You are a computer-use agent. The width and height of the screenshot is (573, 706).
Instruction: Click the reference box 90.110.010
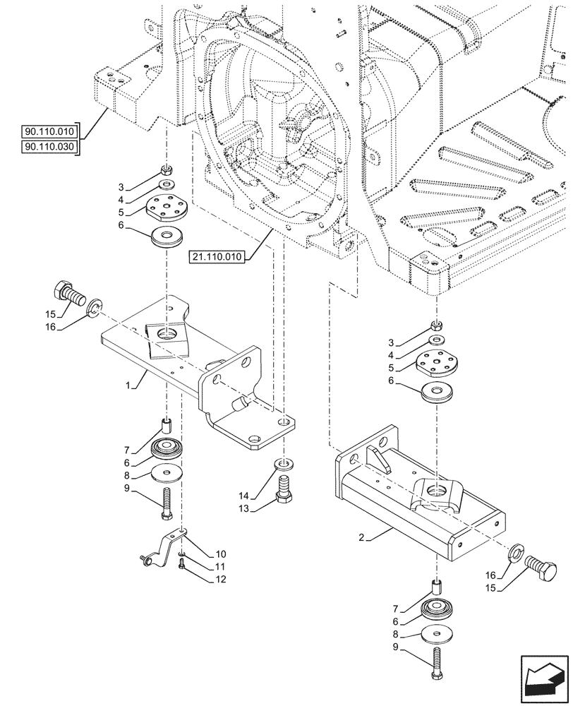coord(50,131)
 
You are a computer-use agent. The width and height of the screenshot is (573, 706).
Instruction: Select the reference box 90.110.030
coord(50,146)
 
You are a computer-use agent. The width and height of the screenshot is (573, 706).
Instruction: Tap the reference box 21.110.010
coord(217,258)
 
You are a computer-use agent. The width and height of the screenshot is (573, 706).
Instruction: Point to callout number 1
coord(129,387)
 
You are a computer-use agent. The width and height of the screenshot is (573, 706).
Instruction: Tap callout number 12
coord(221,580)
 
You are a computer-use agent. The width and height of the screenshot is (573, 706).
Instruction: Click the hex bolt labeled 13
coord(284,489)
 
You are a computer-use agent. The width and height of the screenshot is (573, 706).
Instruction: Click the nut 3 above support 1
coord(167,169)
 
